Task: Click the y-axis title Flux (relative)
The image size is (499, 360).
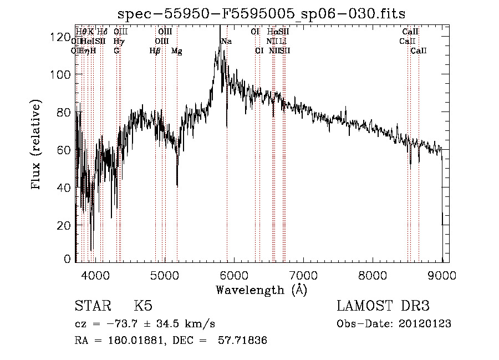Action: click(37, 145)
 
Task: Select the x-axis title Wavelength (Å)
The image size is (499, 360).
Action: click(261, 290)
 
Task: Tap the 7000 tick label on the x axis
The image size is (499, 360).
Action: click(303, 274)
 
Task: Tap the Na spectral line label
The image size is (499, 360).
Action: click(226, 41)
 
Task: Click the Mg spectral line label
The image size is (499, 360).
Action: click(177, 51)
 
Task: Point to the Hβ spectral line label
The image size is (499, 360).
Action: click(155, 51)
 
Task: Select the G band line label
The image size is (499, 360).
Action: click(116, 51)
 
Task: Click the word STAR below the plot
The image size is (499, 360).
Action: click(91, 306)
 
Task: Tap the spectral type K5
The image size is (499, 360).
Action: click(143, 306)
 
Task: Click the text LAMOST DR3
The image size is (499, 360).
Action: click(383, 306)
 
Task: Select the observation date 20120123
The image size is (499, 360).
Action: click(425, 324)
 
